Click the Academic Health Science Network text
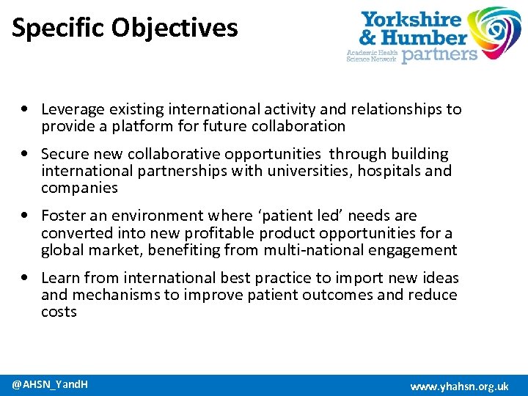coord(371,56)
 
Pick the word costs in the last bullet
coord(59,312)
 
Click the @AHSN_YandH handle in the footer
coord(50,384)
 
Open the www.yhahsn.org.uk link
coord(459,386)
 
